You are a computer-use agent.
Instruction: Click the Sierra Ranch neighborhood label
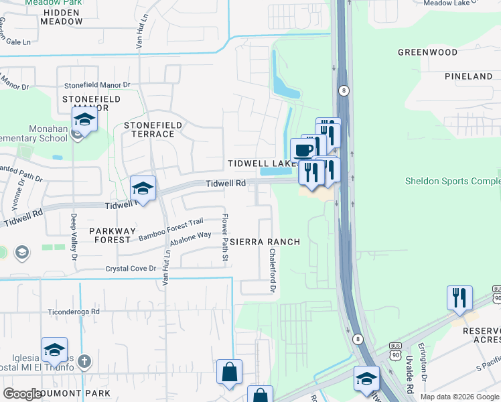click(266, 241)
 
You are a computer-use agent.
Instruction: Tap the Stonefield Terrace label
click(149, 129)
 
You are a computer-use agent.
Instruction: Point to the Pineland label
click(468, 76)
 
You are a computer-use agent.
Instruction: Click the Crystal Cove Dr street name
click(131, 269)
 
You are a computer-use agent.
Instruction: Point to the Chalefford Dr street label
click(273, 271)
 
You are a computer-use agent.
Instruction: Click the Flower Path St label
click(226, 237)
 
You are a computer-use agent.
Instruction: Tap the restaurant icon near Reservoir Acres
click(459, 297)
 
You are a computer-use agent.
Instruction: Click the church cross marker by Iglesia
click(83, 362)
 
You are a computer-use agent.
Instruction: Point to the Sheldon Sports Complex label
click(453, 182)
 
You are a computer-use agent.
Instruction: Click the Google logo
click(23, 394)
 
